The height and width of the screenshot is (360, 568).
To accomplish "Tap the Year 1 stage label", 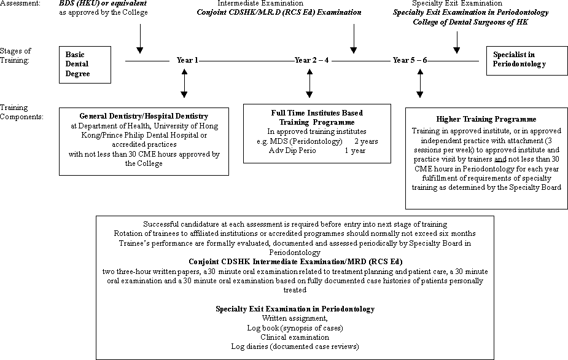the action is tap(187, 60).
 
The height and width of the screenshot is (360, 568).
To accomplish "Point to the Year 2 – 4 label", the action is tap(311, 60).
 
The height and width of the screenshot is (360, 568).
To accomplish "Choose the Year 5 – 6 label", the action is tap(410, 60).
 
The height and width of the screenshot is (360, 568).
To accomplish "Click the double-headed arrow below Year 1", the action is tap(184, 84).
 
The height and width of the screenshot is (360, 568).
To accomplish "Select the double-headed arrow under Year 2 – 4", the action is tap(309, 84).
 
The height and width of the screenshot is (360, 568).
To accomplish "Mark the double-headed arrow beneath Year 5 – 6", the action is tap(420, 84).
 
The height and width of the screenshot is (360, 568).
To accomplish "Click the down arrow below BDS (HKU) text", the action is tap(140, 39).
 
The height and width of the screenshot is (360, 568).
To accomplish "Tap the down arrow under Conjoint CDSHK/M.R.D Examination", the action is tap(354, 39).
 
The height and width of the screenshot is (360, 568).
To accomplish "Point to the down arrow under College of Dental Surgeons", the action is tap(457, 42).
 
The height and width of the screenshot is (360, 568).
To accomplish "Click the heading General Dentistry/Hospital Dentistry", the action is tap(144, 116).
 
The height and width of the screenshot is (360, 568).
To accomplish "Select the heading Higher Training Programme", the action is tap(486, 119).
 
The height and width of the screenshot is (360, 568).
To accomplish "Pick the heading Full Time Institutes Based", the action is tap(317, 113).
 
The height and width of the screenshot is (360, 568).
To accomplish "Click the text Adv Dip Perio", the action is tap(292, 151).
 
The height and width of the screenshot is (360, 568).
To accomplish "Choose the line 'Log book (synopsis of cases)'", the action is tap(295, 328).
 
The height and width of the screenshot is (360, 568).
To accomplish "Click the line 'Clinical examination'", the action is tap(295, 337).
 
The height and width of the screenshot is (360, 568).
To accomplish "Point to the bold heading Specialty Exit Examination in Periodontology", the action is tap(295, 309).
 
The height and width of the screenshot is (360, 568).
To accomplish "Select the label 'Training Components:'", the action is tap(21, 112).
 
